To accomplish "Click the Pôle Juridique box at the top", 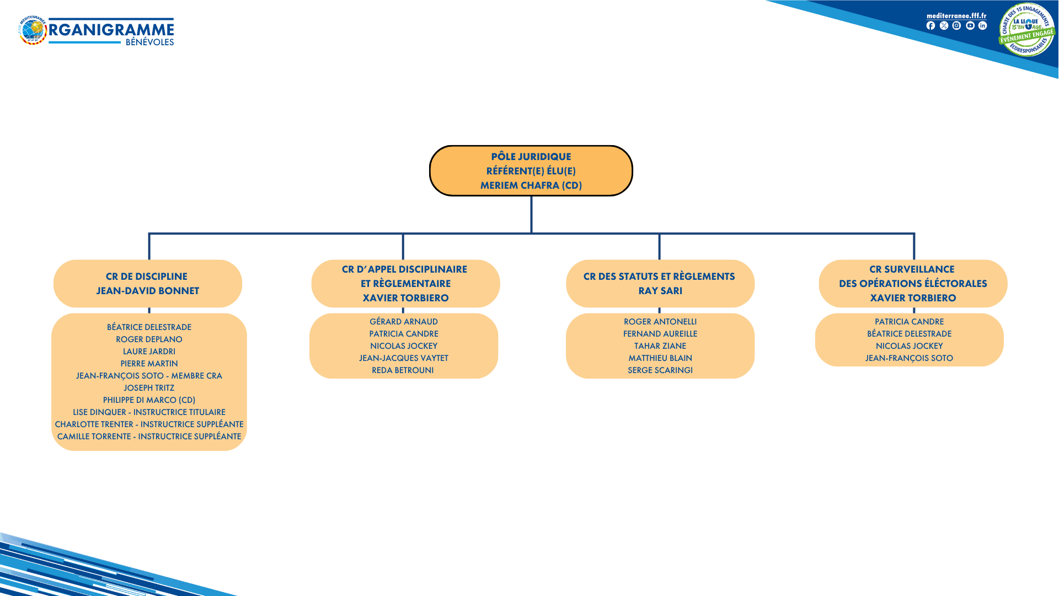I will click(531, 171).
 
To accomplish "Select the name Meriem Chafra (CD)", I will click(531, 185).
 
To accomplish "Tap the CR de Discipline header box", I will click(147, 283).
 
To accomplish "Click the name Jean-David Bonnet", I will click(147, 291).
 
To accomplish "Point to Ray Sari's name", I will click(660, 291).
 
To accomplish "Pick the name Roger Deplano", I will click(149, 339).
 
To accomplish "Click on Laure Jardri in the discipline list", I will click(149, 352).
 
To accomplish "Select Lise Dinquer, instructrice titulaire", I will click(149, 412).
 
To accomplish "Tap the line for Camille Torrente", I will click(149, 437).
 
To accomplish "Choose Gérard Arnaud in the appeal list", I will click(404, 322).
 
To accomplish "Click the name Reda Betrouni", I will click(403, 370).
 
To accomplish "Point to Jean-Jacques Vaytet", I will click(404, 358).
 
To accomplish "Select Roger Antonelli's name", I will click(660, 322).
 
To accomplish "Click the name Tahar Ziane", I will click(660, 346).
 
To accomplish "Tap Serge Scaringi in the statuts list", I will click(660, 370).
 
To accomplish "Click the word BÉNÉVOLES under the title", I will click(149, 42).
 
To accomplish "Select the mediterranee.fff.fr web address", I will click(956, 16).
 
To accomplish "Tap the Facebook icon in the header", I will click(930, 26).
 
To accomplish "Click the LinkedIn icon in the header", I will click(982, 26).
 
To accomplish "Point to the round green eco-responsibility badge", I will click(1026, 30).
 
